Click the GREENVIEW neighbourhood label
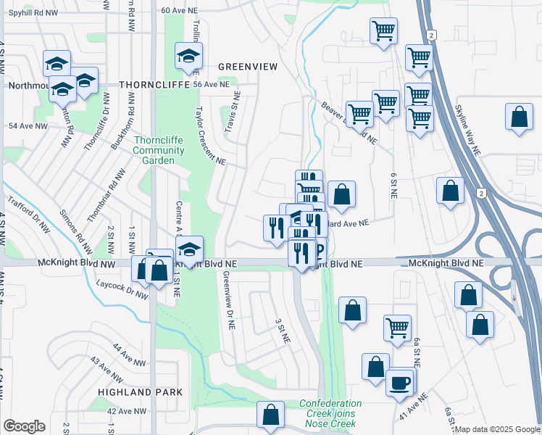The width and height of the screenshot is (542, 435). pyautogui.click(x=248, y=66)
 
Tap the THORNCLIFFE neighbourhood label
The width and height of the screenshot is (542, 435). pyautogui.click(x=153, y=84)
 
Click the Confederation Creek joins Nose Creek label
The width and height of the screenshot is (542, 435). pyautogui.click(x=331, y=409)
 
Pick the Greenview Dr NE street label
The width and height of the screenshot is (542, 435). pyautogui.click(x=228, y=301)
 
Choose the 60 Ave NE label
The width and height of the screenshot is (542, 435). pyautogui.click(x=180, y=10)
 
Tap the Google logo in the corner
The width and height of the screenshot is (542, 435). pyautogui.click(x=24, y=426)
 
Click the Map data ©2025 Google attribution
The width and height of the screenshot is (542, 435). pyautogui.click(x=497, y=429)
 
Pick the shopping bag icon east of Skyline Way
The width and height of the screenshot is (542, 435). pyautogui.click(x=519, y=117)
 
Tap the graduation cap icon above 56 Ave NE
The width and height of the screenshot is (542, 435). pyautogui.click(x=188, y=57)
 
